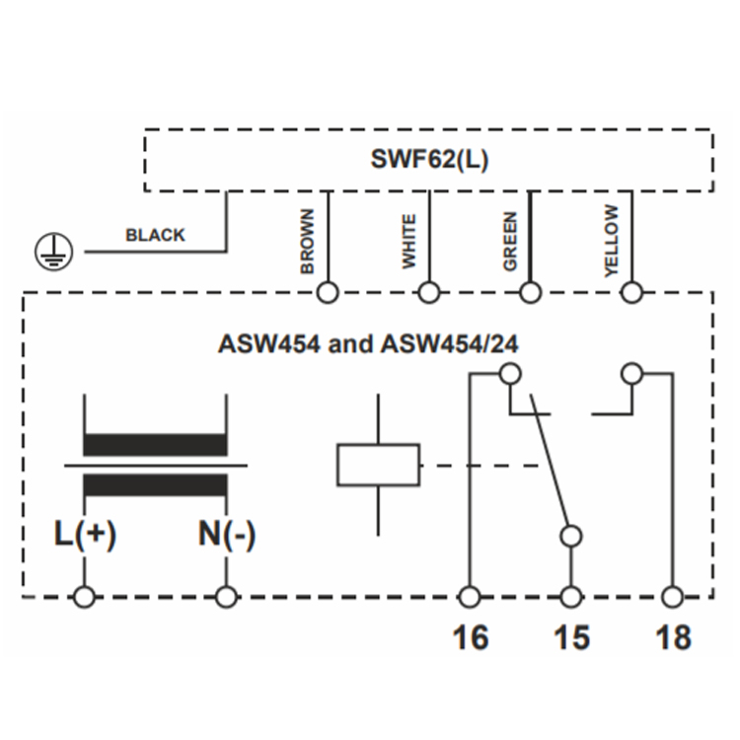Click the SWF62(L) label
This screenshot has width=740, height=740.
coord(429,159)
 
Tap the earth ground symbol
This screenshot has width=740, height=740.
coord(54,251)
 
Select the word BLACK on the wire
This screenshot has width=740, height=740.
coord(155,235)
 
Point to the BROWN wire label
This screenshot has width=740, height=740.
coord(307,241)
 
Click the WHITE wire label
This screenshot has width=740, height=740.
coord(408,242)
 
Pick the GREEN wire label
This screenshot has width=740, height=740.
coord(510,241)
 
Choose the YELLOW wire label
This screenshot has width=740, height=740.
coord(612,241)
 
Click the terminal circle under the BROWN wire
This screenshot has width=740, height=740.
coord(328,293)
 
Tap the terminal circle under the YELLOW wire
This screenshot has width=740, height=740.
coord(631,293)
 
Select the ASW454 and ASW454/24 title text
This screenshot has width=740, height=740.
coord(368,344)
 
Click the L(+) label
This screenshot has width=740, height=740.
coord(86,534)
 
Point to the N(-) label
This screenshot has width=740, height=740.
coord(227,534)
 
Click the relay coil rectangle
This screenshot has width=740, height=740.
coord(378,465)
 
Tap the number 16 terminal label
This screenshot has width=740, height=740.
coord(471,637)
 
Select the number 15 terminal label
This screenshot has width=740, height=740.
coord(572,637)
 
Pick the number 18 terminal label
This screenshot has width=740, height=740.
coord(674,637)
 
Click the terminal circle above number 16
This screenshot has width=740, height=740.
coord(470,597)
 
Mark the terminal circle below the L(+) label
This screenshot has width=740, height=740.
coord(85,597)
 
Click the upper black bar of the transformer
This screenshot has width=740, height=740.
coord(155,445)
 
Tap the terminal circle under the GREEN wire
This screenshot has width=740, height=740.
coord(530,293)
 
